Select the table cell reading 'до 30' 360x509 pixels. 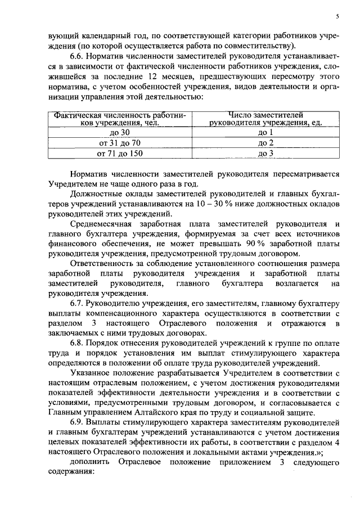[120, 133]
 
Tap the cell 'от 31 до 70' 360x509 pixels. [120, 143]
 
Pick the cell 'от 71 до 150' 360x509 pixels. [120, 153]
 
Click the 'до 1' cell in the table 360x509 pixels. [265, 133]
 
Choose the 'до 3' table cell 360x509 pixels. [265, 153]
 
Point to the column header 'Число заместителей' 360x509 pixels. [265, 115]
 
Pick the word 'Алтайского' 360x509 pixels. [168, 412]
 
